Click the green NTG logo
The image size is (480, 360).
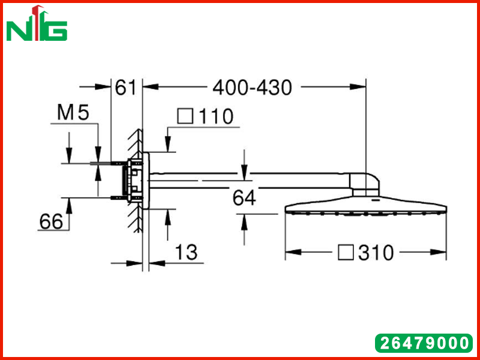[x=37, y=23]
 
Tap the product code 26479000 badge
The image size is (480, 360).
[x=424, y=343]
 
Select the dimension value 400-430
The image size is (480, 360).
[x=252, y=88]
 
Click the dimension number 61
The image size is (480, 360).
[x=125, y=87]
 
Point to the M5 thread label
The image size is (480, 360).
[x=73, y=112]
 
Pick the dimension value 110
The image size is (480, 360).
[x=216, y=116]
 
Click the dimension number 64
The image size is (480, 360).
[x=244, y=197]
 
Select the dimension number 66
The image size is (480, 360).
[x=51, y=221]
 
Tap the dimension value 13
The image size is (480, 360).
[x=186, y=252]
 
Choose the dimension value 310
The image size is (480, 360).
[x=376, y=253]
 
